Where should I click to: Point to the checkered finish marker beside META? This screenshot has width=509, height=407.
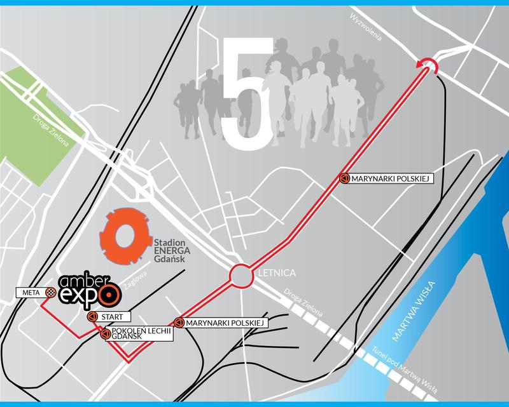(x=50, y=292)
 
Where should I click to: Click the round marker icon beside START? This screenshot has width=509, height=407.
(x=92, y=316)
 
